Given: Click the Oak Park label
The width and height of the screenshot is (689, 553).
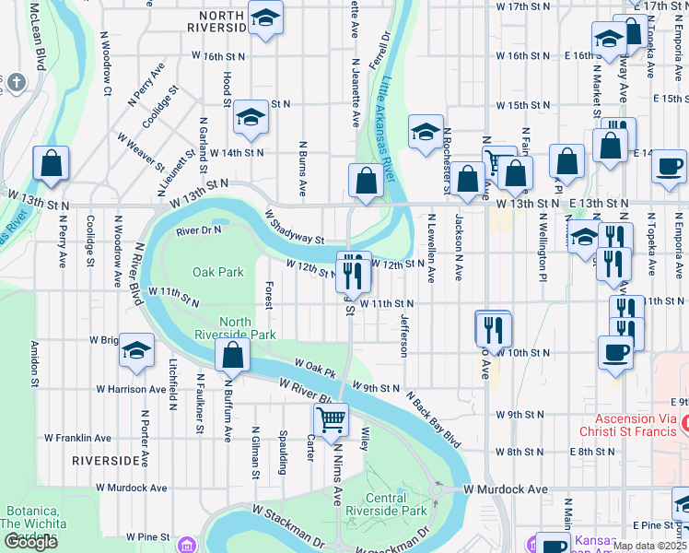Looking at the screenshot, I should [218, 272].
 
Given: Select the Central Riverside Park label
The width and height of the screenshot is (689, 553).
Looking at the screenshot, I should [400, 503].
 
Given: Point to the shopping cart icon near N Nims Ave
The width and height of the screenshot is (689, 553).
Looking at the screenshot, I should [331, 420].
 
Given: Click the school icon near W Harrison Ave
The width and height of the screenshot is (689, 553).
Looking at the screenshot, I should [136, 350].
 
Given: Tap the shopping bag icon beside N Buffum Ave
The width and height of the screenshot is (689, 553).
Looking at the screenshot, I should [233, 355].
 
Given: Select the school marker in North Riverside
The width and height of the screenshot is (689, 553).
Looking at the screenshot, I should [265, 18].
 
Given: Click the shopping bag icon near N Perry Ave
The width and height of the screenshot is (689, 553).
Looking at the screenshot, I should [52, 164].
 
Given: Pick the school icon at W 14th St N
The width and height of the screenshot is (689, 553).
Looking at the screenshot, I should [250, 116].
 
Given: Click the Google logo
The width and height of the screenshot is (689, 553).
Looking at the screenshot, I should [30, 542].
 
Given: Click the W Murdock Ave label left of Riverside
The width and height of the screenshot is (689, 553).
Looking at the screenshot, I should [131, 488].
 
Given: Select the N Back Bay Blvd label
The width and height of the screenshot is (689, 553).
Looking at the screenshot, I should [432, 418].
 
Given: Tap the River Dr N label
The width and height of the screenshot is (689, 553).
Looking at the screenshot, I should [199, 229].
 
